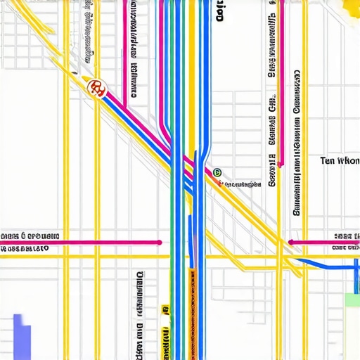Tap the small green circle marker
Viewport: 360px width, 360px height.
tap(217, 172)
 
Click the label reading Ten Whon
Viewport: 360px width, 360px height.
tap(339, 160)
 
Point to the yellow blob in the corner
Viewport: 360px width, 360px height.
tap(350, 7)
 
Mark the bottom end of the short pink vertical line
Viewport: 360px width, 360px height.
tap(280, 165)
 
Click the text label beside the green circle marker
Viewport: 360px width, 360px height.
tap(243, 184)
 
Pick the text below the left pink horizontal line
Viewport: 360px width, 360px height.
tap(25, 249)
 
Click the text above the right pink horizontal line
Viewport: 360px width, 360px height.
tap(347, 236)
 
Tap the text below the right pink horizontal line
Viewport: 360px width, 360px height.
tap(345, 248)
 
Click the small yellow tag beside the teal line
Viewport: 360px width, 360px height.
tap(165, 309)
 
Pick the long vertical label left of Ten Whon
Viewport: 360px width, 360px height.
tap(297, 141)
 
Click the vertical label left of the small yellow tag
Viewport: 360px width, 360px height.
tap(140, 313)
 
